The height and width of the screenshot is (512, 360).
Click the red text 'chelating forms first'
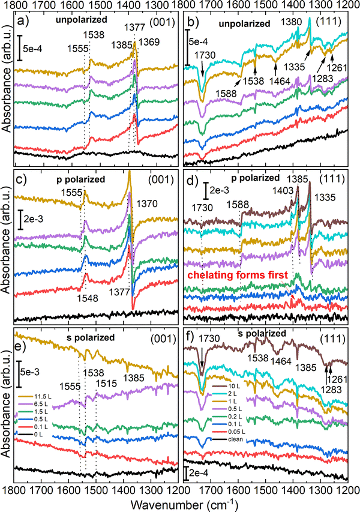click(238, 276)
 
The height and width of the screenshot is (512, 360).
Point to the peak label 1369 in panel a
click(149, 42)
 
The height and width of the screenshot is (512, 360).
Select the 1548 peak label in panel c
click(88, 298)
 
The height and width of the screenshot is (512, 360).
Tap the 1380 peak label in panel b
click(291, 22)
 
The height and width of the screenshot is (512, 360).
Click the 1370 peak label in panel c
click(147, 204)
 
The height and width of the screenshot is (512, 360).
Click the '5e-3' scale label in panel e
click(30, 372)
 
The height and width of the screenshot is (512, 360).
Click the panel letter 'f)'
click(190, 339)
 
